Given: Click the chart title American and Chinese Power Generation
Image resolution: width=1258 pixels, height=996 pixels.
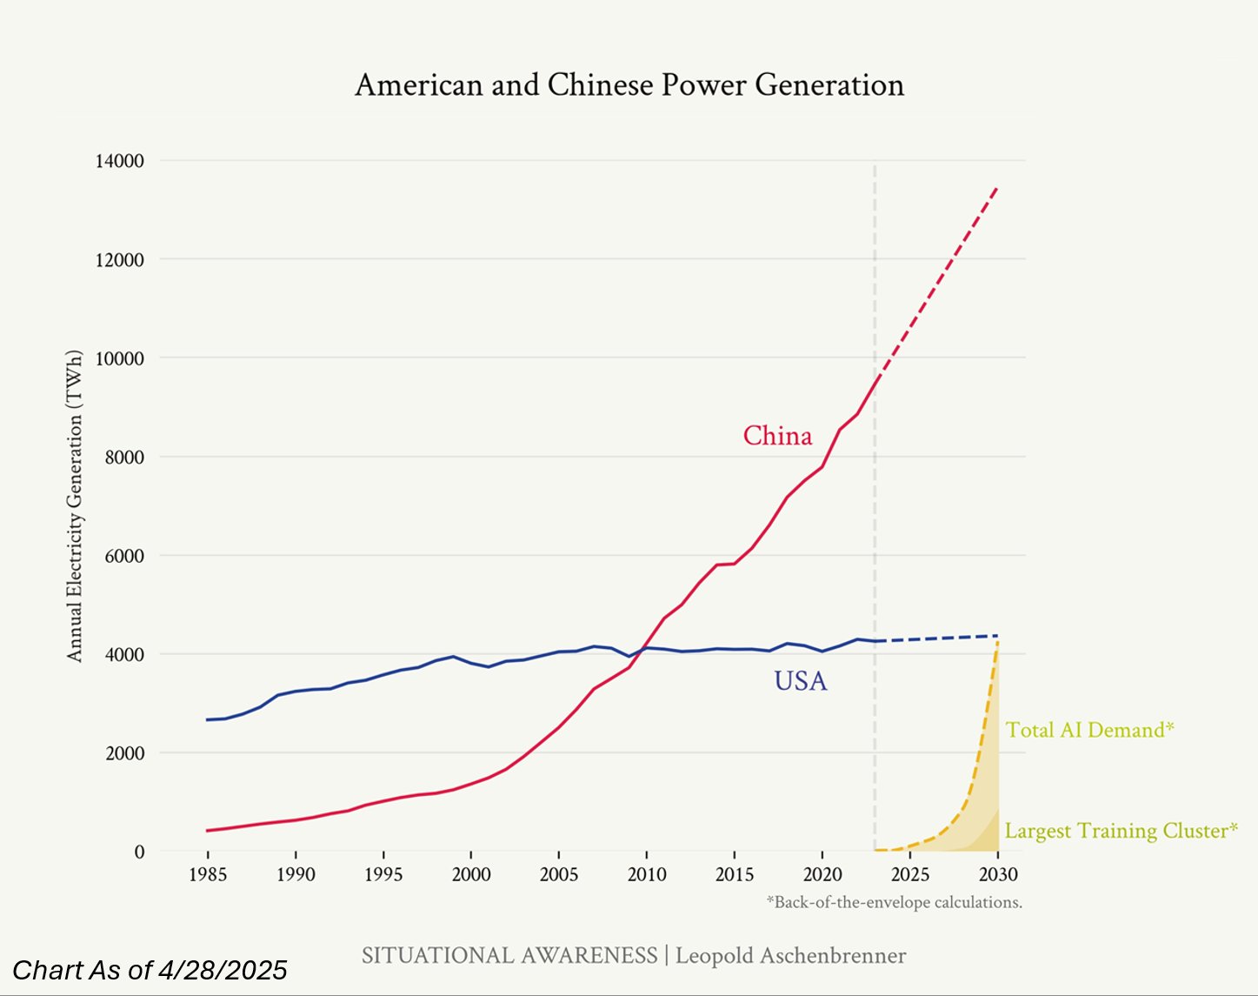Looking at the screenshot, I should click(x=629, y=85).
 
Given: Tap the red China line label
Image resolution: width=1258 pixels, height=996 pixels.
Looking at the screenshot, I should click(x=777, y=436).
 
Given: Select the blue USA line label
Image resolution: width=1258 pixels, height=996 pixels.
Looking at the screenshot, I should click(x=801, y=680).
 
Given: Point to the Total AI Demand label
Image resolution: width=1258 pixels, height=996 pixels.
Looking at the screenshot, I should click(x=1089, y=730).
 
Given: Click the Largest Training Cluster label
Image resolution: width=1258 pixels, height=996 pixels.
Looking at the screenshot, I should click(x=1121, y=831).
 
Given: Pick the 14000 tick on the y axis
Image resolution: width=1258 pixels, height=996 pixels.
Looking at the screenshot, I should click(x=119, y=161).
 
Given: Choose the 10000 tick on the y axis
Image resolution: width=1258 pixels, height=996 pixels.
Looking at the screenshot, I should click(x=119, y=358).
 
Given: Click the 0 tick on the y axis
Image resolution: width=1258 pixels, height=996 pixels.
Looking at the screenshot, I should click(x=139, y=852).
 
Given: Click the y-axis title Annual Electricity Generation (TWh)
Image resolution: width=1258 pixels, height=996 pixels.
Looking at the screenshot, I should click(x=75, y=505).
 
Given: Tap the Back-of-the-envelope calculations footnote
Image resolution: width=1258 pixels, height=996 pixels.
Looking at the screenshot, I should click(x=894, y=903).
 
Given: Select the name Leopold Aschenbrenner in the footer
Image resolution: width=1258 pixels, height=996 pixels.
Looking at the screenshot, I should click(x=790, y=956).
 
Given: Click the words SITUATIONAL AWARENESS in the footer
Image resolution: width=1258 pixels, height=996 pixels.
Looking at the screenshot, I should click(x=509, y=956).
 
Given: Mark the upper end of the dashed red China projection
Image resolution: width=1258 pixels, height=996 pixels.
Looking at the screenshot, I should click(x=997, y=187).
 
